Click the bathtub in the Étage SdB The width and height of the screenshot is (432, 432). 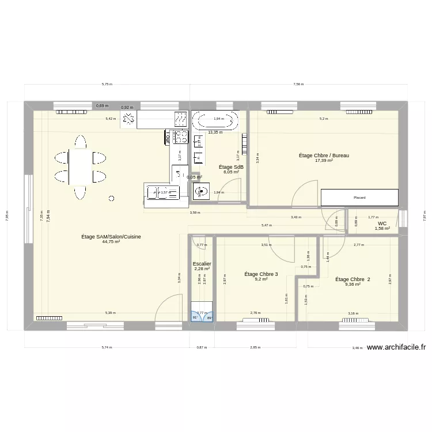click(215, 120)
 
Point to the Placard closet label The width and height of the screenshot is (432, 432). click(359, 198)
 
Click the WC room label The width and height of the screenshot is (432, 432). click(382, 223)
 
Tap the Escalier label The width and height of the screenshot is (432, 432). click(202, 264)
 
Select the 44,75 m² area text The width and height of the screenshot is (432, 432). click(111, 242)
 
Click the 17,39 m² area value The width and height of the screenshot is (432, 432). click(324, 161)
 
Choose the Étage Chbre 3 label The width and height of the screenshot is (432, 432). click(261, 274)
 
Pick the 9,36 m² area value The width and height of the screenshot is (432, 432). click(353, 284)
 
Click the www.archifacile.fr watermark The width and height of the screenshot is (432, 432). click(396, 347)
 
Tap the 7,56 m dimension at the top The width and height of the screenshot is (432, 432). click(298, 84)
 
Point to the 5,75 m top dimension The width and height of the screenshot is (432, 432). click(107, 84)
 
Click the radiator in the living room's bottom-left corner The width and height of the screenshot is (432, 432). click(49, 317)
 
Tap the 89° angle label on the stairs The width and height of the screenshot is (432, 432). click(209, 317)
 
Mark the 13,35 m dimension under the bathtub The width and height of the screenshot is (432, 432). click(215, 132)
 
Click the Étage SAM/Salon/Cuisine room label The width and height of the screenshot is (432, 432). click(111, 236)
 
